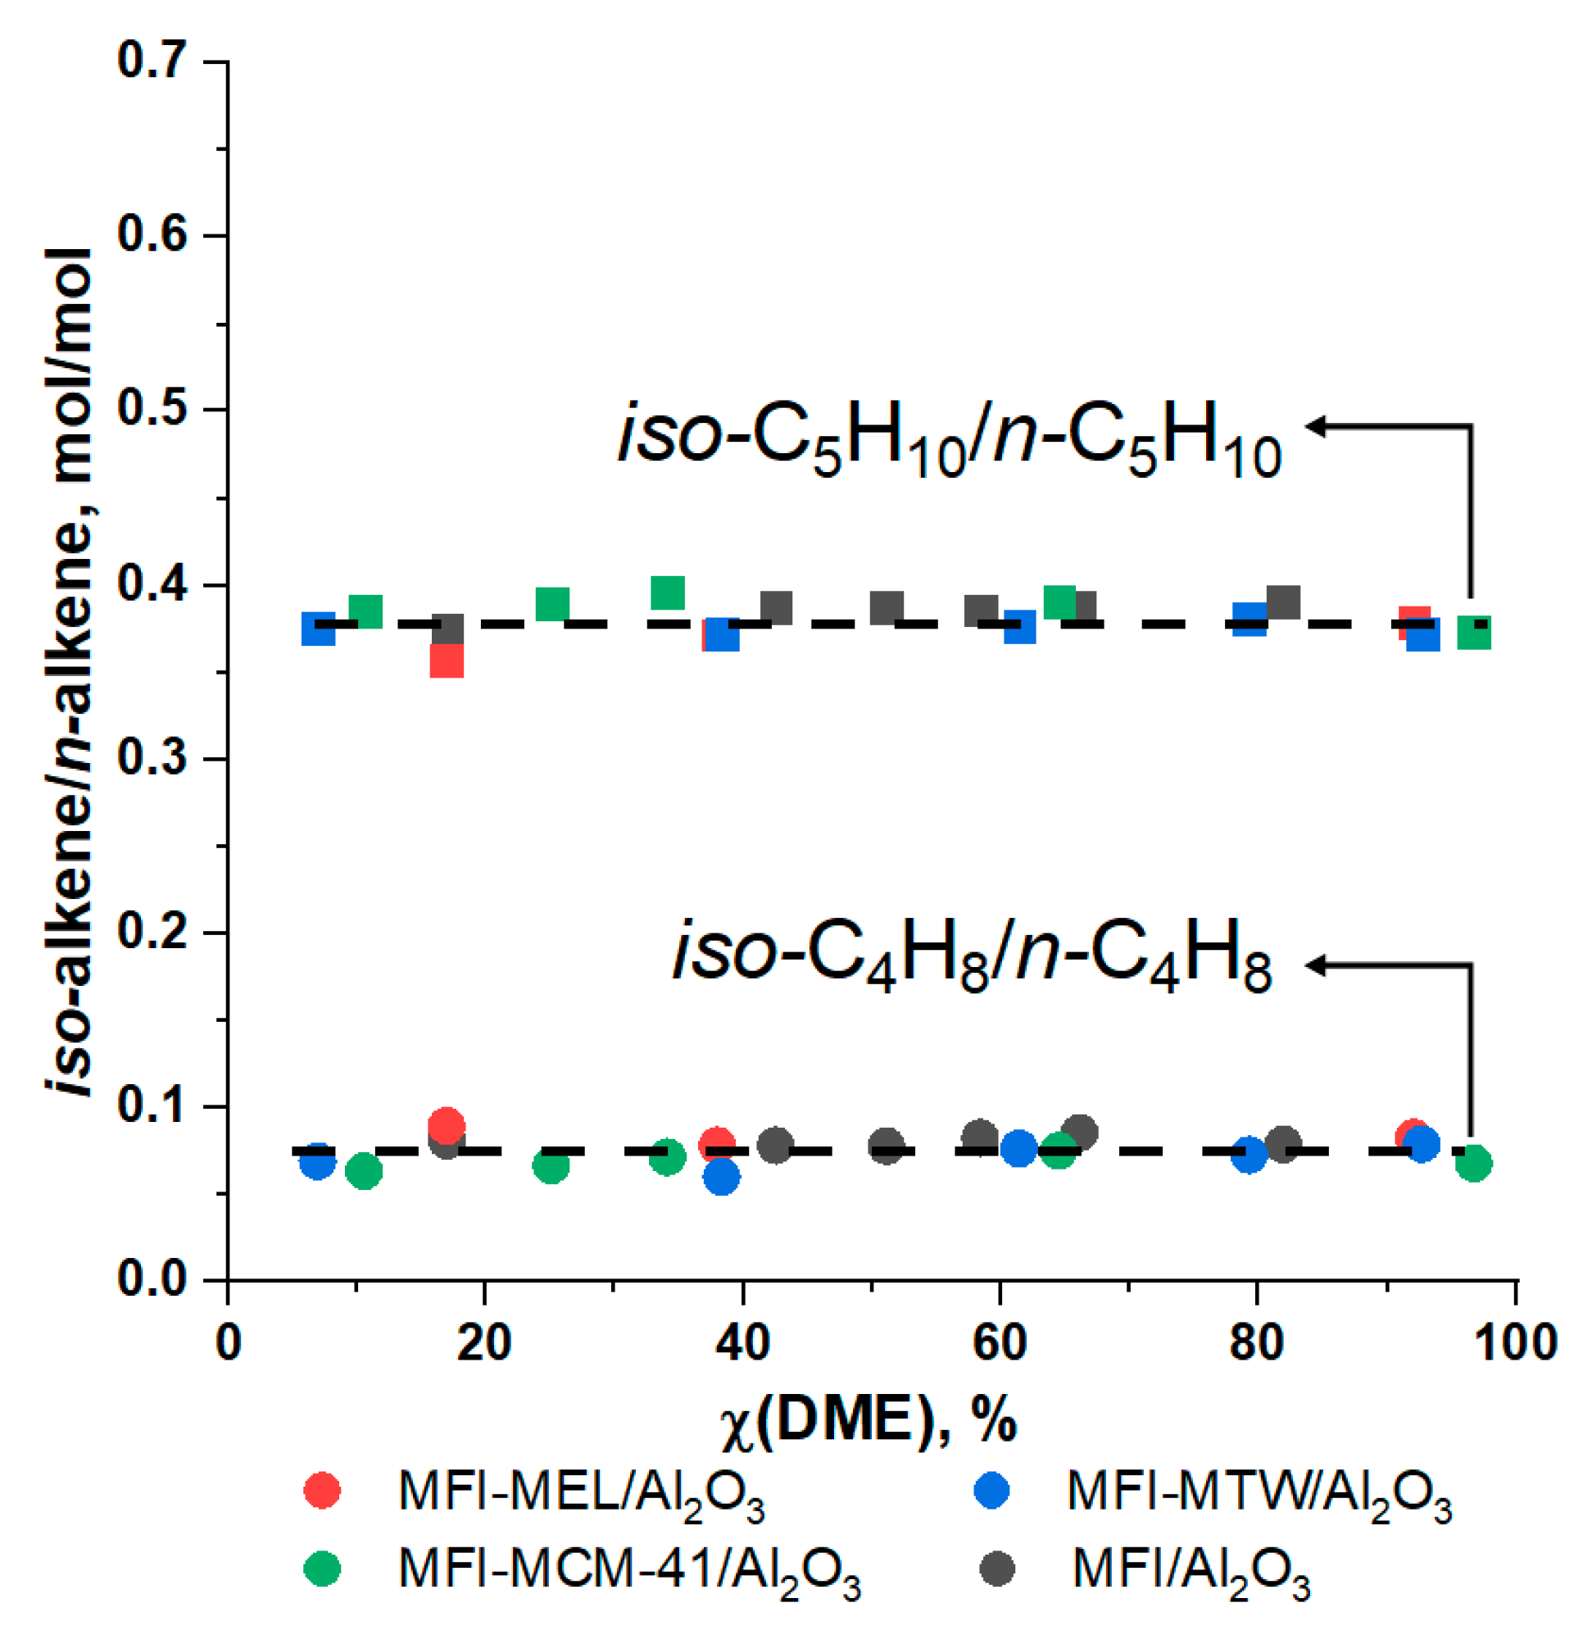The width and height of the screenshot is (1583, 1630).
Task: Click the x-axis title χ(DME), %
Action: (x=869, y=1397)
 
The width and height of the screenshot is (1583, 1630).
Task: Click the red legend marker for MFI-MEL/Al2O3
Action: (x=323, y=1488)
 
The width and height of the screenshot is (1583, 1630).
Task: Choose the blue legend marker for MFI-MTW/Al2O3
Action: (x=992, y=1488)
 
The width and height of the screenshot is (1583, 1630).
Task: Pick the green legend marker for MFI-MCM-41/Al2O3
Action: (x=323, y=1569)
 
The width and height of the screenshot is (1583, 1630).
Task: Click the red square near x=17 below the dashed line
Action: (x=447, y=661)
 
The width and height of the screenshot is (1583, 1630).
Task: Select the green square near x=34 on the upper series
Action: (x=668, y=593)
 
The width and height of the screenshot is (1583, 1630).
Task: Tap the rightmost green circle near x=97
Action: (x=1474, y=1163)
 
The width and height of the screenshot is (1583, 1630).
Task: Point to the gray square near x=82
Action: (x=1284, y=602)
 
